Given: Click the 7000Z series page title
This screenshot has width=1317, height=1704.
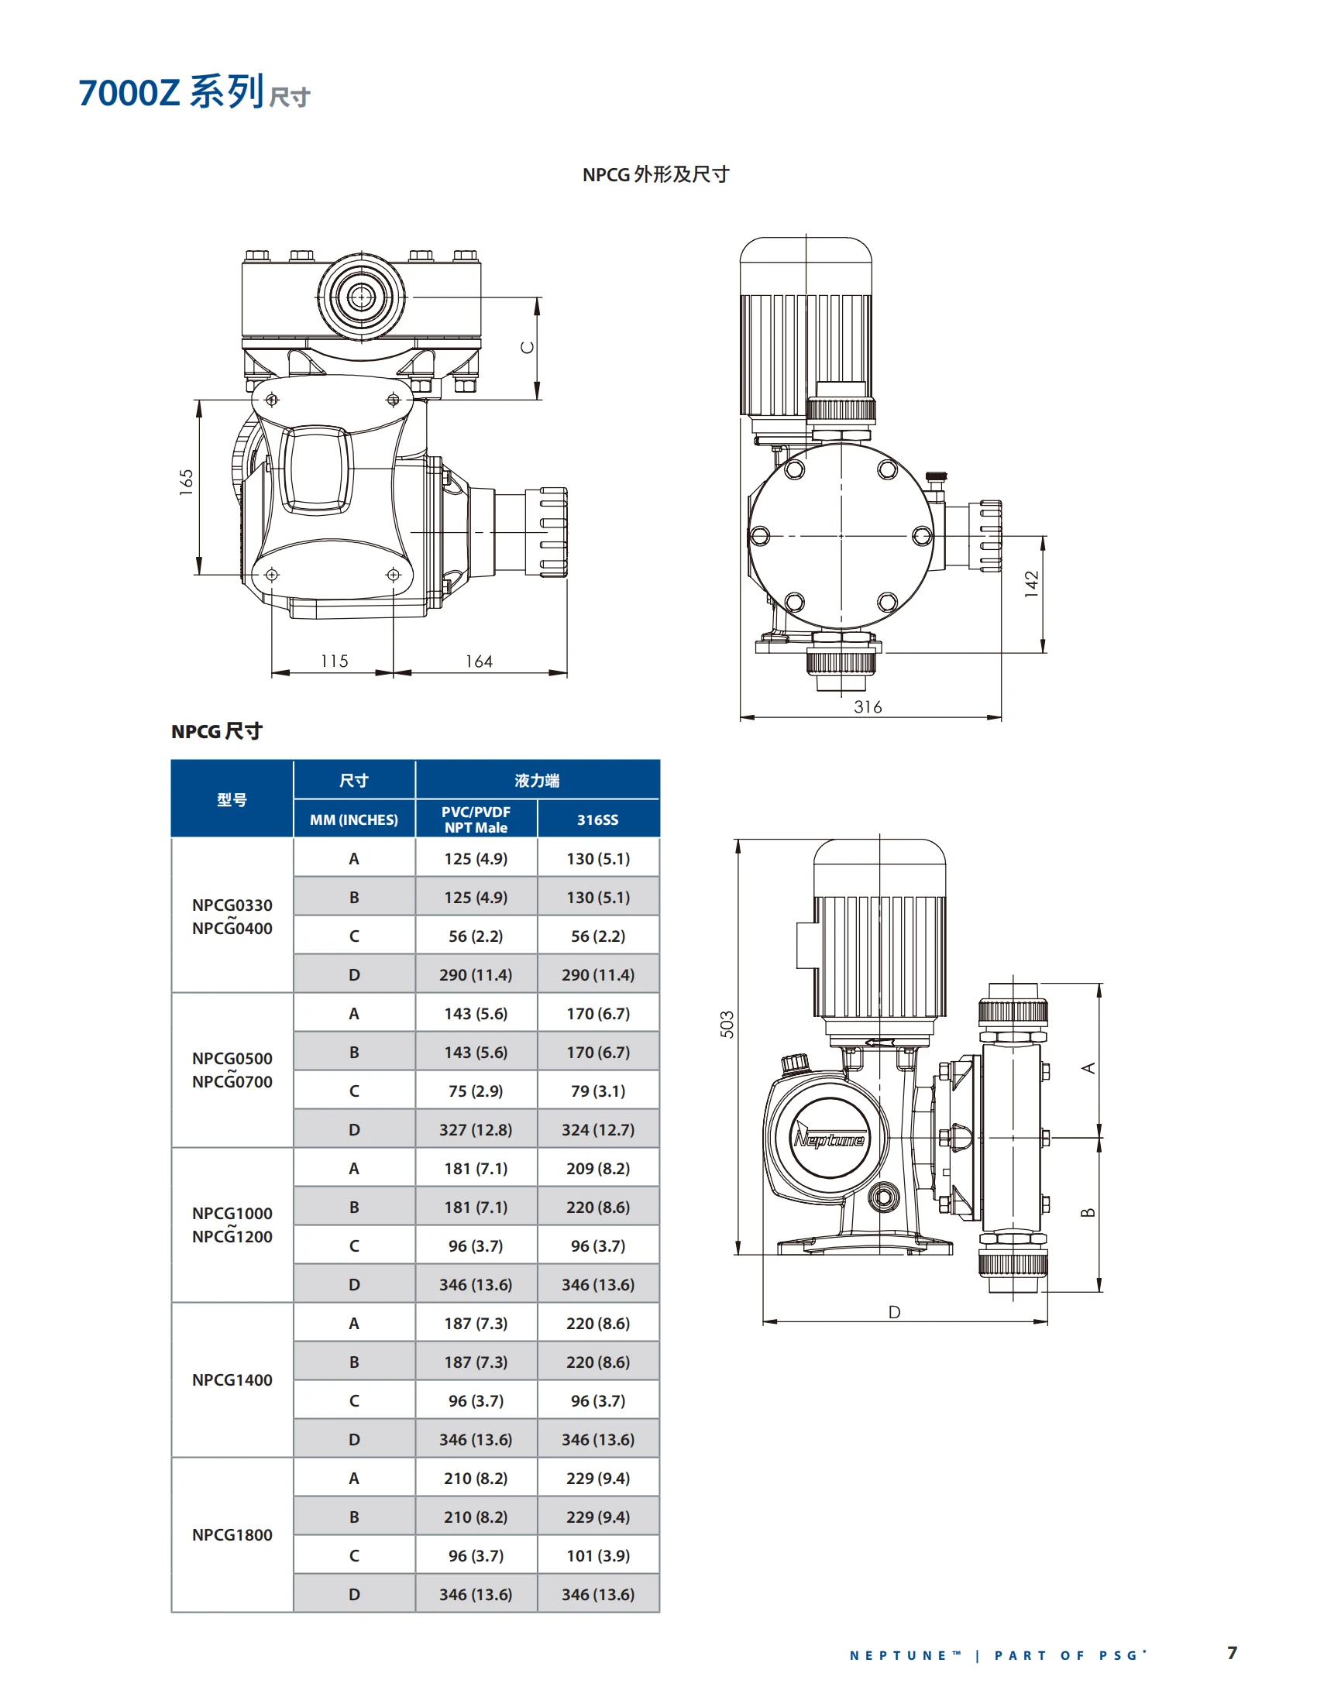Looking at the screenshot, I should pyautogui.click(x=194, y=92).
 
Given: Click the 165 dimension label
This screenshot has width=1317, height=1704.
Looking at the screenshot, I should pyautogui.click(x=186, y=482).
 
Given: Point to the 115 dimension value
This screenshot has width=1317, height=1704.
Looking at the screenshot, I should pyautogui.click(x=334, y=661).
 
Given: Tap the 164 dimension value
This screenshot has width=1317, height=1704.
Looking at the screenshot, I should pyautogui.click(x=478, y=661).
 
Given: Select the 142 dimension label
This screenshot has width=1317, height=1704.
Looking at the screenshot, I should pyautogui.click(x=1031, y=583).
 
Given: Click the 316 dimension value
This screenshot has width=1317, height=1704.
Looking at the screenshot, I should pyautogui.click(x=868, y=707).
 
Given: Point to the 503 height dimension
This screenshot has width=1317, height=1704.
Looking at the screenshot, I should pyautogui.click(x=727, y=1025).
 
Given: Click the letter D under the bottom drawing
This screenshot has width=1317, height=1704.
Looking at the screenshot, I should pyautogui.click(x=894, y=1312).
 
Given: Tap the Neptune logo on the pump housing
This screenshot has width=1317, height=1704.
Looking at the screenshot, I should pyautogui.click(x=830, y=1139).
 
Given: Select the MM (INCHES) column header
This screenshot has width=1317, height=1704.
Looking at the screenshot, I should pyautogui.click(x=353, y=819).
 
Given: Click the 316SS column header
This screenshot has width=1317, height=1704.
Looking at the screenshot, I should pyautogui.click(x=597, y=819).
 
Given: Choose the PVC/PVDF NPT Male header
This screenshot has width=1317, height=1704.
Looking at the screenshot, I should pyautogui.click(x=476, y=819).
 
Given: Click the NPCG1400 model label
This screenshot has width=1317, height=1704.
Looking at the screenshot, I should pyautogui.click(x=232, y=1379).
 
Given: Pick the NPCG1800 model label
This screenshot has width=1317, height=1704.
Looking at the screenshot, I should pyautogui.click(x=232, y=1534).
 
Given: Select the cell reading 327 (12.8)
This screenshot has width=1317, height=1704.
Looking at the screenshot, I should pyautogui.click(x=476, y=1130).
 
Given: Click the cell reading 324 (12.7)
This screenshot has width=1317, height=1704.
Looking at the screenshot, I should pyautogui.click(x=597, y=1130).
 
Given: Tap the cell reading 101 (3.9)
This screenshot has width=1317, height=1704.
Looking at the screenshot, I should pyautogui.click(x=597, y=1556).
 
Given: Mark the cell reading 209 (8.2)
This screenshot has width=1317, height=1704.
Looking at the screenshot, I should pyautogui.click(x=597, y=1168).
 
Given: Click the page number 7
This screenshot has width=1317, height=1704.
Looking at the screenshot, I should pyautogui.click(x=1232, y=1653).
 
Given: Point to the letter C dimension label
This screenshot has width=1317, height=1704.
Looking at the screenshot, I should pyautogui.click(x=528, y=347).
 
